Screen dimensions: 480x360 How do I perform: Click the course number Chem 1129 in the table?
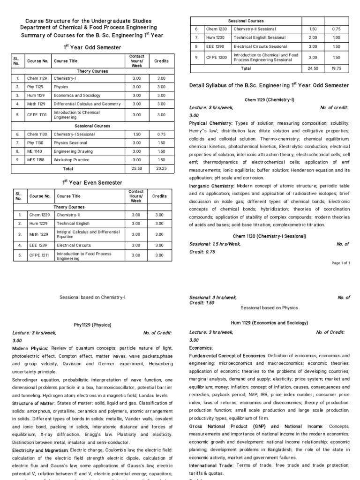tap(36, 78)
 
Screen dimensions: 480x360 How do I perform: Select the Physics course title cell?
tap(61, 87)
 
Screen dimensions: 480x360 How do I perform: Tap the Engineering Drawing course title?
tap(70, 151)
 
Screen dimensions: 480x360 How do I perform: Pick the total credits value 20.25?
tap(161, 168)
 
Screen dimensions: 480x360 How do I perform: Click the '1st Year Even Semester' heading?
tap(92, 182)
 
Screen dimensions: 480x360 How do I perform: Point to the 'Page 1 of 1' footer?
tap(341, 263)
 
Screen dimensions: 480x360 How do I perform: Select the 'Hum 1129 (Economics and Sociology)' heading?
tap(269, 323)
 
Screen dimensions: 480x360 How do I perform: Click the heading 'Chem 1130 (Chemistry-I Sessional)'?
tap(269, 236)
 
